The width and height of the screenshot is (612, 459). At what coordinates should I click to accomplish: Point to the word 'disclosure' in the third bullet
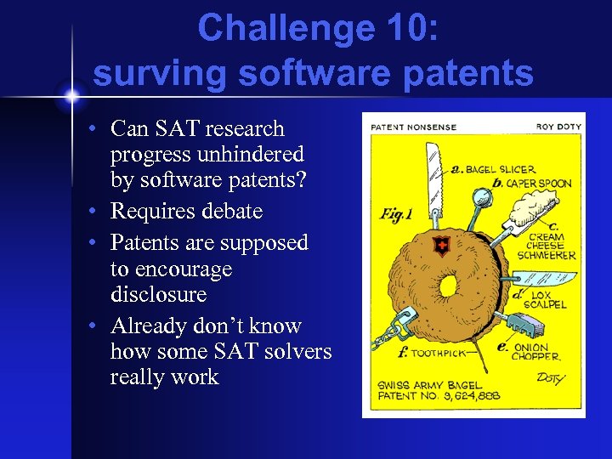pos(158,294)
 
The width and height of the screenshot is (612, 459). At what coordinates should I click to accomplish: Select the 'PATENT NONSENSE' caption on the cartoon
pos(413,127)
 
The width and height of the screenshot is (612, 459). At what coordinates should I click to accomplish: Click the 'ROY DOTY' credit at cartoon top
pos(558,127)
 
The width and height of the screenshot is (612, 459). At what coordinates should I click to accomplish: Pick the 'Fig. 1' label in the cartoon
pos(396,213)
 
